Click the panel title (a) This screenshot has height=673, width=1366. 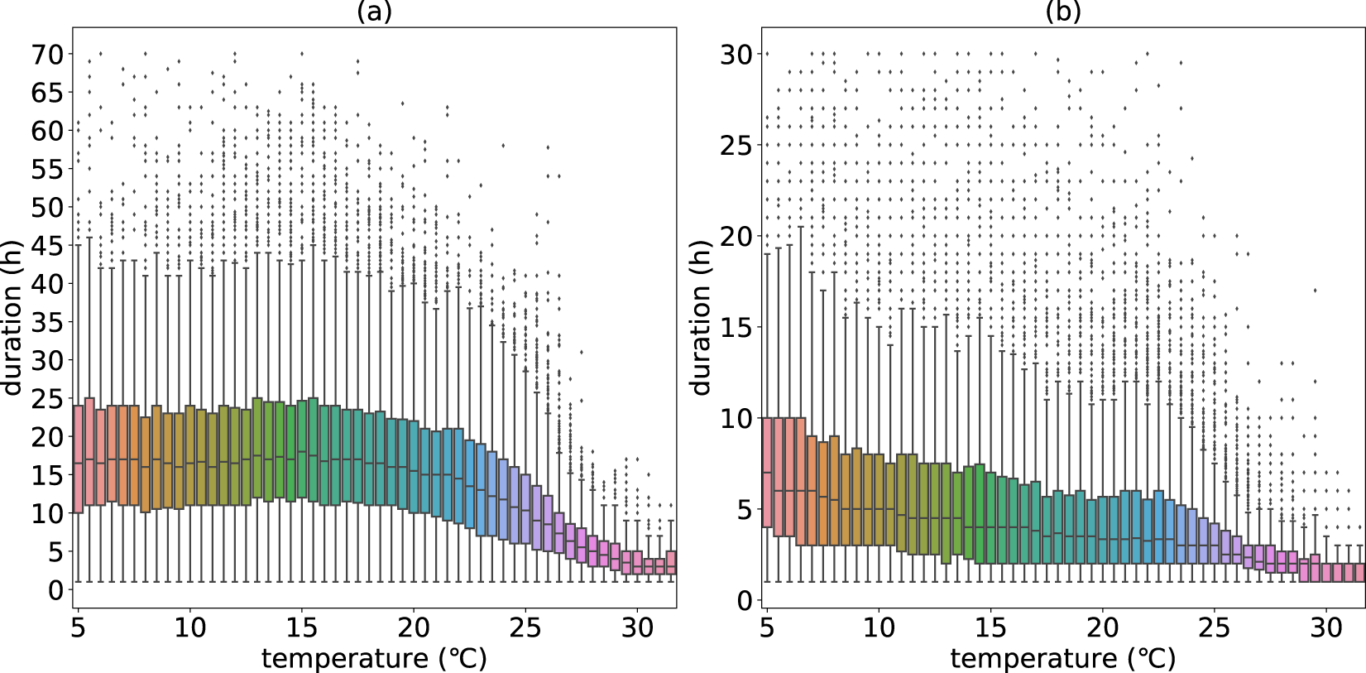pos(374,12)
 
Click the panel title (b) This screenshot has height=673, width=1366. pos(1063,12)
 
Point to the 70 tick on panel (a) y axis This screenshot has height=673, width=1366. pos(47,55)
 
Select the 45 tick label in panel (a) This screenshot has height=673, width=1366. pos(47,246)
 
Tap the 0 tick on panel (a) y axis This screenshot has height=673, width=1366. pos(55,590)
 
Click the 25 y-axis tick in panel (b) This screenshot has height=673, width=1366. pos(735,146)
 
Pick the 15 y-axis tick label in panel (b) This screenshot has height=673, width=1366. pos(735,328)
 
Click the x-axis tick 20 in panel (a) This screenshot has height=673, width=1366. pos(414,628)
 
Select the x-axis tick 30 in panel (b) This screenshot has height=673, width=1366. pos(1326,628)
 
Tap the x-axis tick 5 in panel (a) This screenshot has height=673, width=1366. pos(79,628)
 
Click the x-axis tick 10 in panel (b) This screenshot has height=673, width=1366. pos(879,628)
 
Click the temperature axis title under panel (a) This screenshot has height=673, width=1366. pos(374,659)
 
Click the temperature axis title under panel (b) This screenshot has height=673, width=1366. pos(1063,659)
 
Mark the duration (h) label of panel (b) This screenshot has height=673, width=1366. pos(701,319)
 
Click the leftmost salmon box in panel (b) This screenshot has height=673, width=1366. pos(767,472)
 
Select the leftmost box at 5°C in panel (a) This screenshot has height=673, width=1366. pos(79,459)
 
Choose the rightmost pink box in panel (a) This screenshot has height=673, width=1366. pos(671,563)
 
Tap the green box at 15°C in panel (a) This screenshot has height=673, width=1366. pos(302,451)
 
